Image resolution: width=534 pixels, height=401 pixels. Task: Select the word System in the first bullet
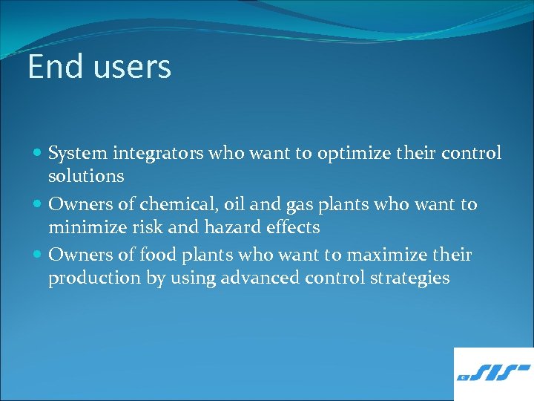point(78,154)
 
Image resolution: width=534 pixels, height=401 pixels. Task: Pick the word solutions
point(86,177)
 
